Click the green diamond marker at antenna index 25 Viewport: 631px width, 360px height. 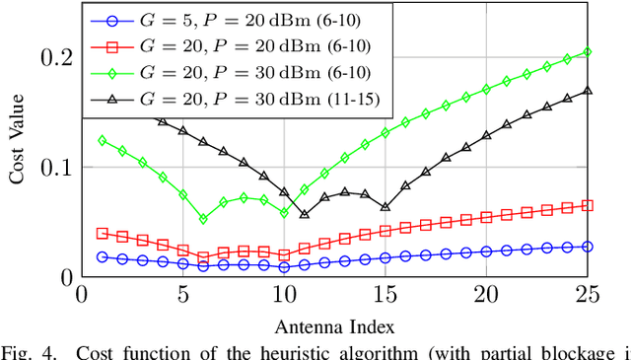[x=588, y=51]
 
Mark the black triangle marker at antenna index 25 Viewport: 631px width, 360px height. [x=588, y=91]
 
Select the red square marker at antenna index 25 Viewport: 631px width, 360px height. [x=588, y=205]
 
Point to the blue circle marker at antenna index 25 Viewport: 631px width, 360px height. [x=588, y=246]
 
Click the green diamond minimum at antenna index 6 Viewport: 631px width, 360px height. [x=203, y=219]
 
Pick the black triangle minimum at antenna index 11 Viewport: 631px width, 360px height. [x=305, y=214]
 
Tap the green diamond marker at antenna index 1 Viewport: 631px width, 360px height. [x=102, y=140]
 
